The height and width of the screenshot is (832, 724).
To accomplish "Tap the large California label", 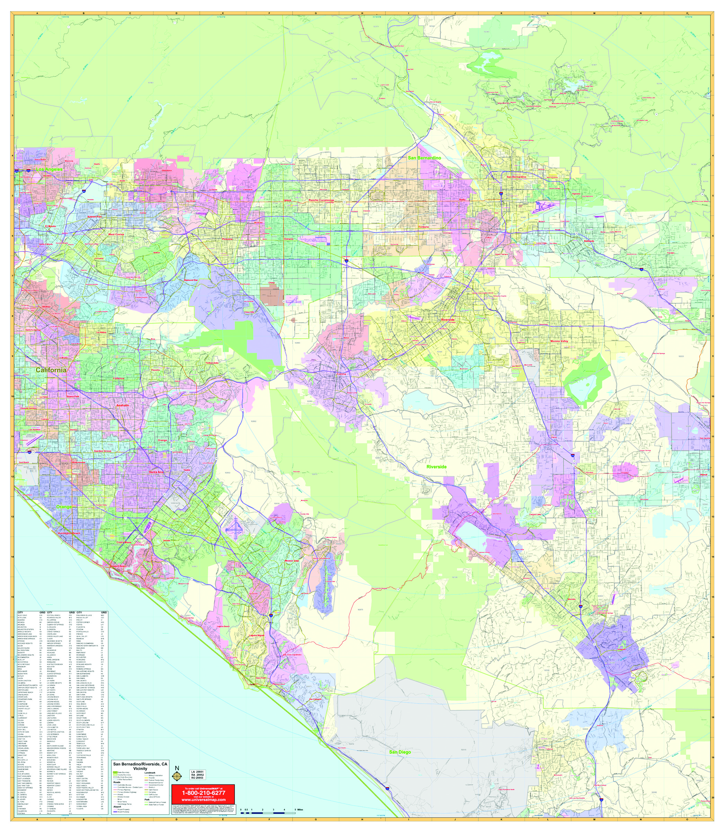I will click(x=51, y=370).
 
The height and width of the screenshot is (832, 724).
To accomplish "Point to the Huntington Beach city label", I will click(x=69, y=533).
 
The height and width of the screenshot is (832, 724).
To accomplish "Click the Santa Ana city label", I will click(x=156, y=472).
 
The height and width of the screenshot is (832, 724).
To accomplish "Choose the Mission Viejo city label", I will click(x=294, y=561).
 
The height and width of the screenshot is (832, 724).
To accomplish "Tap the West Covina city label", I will click(x=116, y=234).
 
